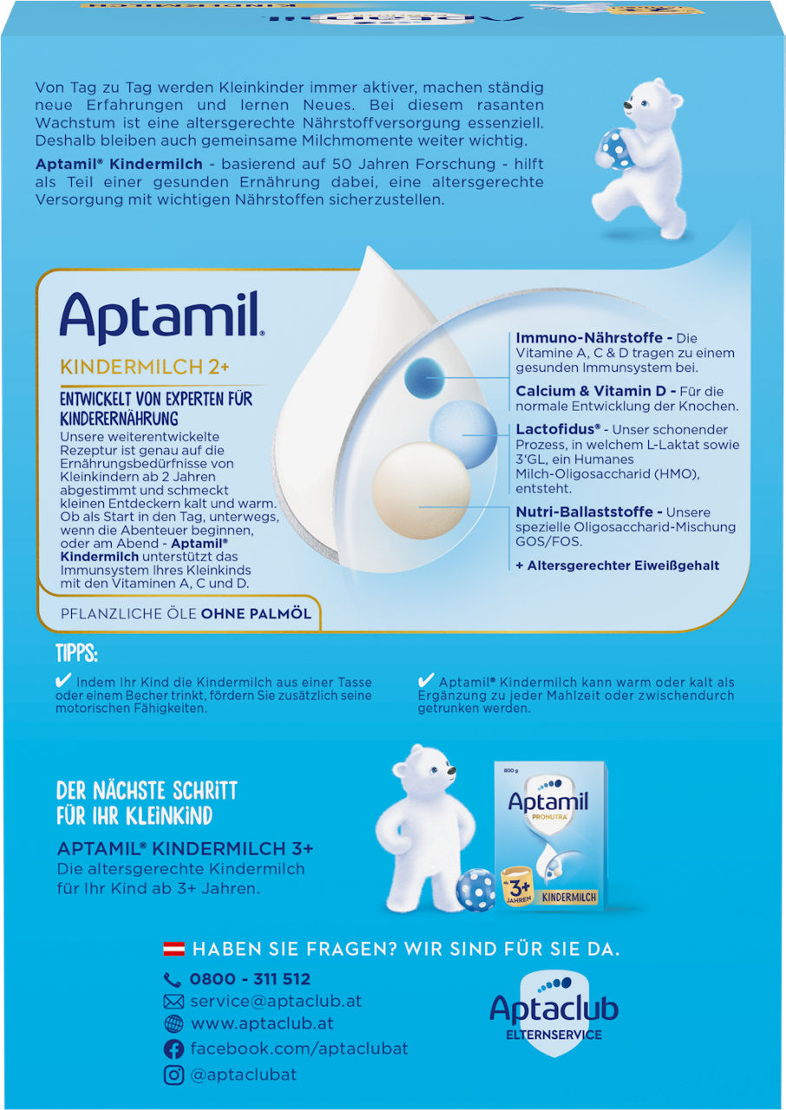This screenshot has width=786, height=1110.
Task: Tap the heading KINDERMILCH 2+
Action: point(144,366)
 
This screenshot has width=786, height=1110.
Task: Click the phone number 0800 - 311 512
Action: point(250,979)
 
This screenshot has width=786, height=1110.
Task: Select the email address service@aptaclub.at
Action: point(276,1001)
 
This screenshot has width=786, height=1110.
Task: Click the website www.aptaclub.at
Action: point(263,1023)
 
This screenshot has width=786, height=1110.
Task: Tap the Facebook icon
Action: point(174,1049)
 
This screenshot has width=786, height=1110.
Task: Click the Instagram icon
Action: point(174,1074)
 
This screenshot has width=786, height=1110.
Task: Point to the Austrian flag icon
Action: point(174,949)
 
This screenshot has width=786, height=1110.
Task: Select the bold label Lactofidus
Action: point(559,429)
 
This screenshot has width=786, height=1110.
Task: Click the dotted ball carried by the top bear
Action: point(618,147)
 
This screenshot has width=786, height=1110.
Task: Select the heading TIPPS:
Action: point(76,652)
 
